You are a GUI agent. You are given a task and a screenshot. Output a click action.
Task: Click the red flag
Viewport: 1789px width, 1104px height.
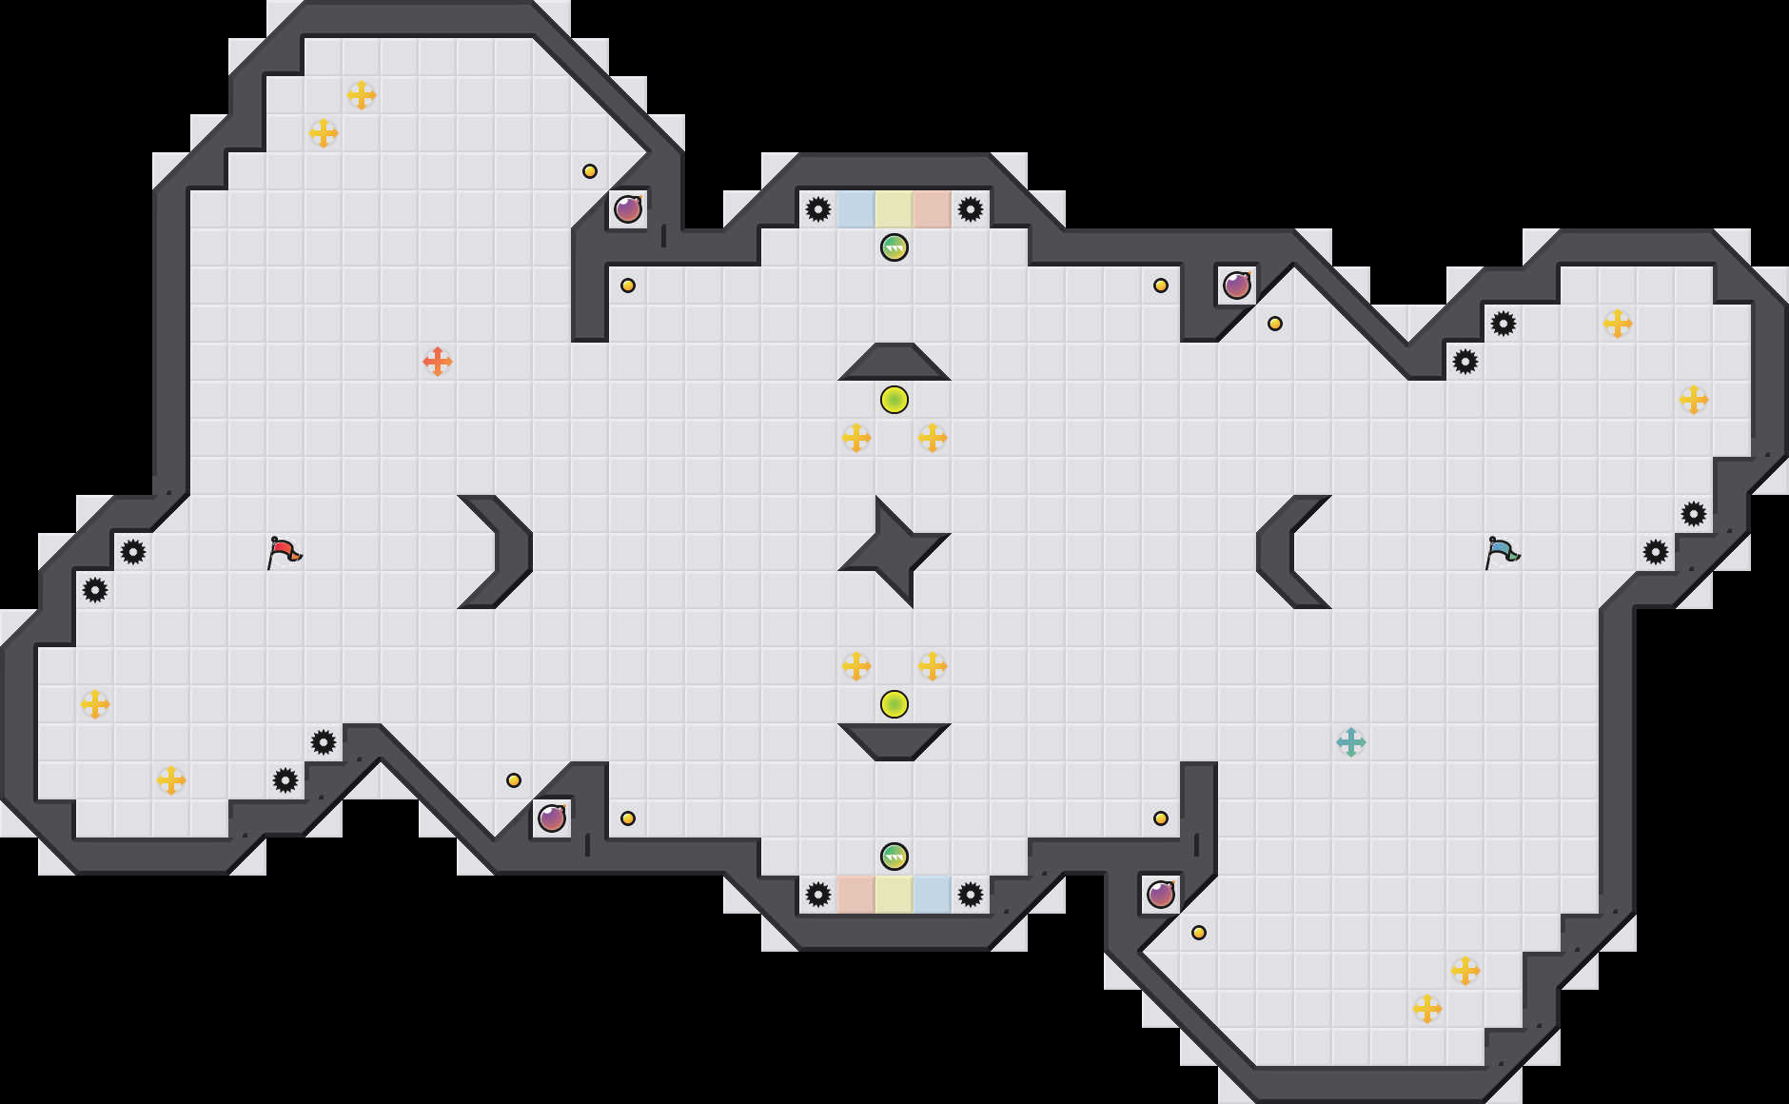(284, 551)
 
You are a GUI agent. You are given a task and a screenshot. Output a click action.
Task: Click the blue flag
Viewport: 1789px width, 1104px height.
(1502, 551)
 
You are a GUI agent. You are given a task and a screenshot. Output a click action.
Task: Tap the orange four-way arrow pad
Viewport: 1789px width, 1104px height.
(438, 362)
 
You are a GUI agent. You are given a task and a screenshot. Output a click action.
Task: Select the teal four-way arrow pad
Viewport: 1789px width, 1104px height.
(1351, 742)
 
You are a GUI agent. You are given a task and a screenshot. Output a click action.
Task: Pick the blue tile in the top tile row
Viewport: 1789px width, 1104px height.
(856, 209)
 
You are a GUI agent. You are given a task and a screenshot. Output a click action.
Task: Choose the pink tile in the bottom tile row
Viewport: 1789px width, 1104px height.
(856, 895)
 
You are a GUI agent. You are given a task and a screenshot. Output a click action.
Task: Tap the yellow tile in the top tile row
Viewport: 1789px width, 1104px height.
(894, 209)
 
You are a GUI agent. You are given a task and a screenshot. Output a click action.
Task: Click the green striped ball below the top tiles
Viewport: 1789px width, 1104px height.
(894, 247)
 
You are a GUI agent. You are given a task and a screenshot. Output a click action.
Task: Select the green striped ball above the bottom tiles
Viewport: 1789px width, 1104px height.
(894, 857)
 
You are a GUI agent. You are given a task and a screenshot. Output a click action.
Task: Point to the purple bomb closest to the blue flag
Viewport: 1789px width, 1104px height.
(1237, 286)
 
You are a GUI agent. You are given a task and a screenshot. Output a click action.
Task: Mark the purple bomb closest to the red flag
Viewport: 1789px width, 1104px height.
(552, 818)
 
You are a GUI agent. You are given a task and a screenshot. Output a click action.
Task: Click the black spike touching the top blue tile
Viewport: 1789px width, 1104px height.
(818, 209)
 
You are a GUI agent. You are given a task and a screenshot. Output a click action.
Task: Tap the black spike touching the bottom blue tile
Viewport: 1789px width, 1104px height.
(971, 895)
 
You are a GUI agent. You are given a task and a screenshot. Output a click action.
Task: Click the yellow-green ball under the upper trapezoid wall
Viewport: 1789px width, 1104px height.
(894, 400)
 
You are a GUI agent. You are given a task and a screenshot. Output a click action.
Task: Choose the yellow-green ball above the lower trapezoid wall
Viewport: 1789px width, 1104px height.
(894, 704)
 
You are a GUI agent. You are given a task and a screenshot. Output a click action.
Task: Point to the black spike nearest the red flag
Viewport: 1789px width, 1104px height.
(133, 552)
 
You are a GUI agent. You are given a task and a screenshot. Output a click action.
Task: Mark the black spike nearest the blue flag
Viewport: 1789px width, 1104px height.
(1656, 552)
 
